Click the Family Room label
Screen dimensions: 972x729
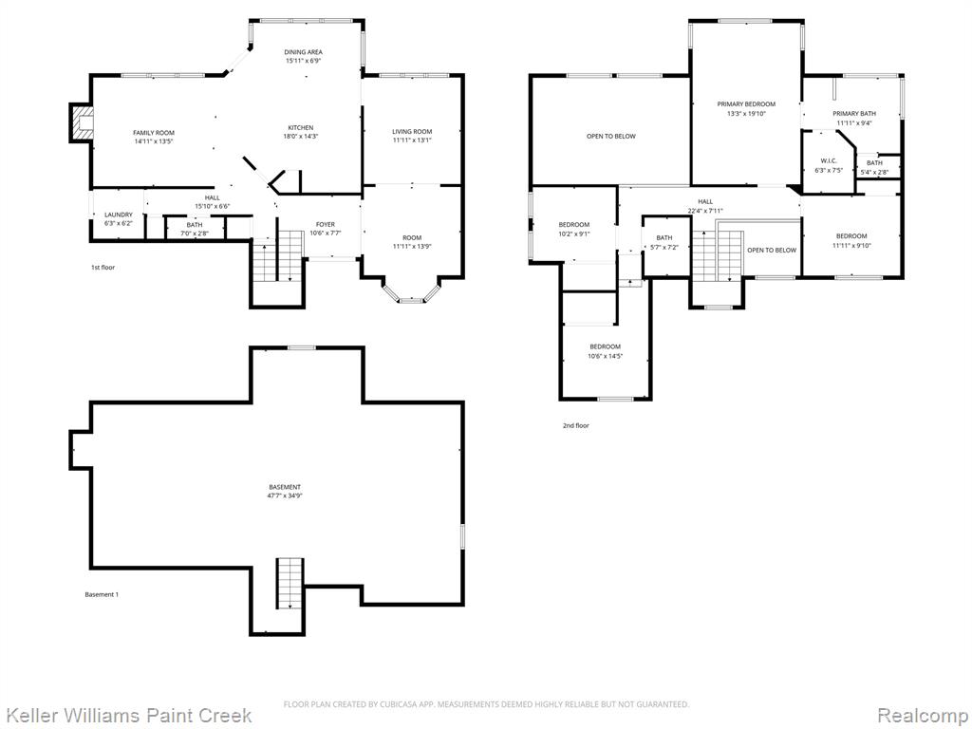point(154,133)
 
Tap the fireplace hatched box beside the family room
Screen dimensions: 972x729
point(82,123)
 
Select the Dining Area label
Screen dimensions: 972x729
point(303,52)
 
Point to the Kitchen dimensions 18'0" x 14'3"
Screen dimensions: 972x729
point(301,137)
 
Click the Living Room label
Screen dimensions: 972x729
point(412,131)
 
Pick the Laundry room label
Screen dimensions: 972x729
point(119,215)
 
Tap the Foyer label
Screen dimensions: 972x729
point(326,224)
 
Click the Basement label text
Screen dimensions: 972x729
point(285,487)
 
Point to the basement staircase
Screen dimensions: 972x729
point(290,583)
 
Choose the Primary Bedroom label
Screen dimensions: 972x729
point(746,104)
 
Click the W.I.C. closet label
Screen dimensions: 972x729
point(829,161)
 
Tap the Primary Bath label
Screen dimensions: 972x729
point(854,114)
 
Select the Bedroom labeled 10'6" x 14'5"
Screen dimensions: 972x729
point(605,351)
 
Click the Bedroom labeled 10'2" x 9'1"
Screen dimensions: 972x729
point(574,230)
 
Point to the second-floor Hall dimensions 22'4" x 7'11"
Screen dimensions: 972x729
point(705,211)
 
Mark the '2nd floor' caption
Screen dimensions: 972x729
point(576,426)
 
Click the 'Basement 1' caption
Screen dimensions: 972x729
point(102,594)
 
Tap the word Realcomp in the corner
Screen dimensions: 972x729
point(923,716)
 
